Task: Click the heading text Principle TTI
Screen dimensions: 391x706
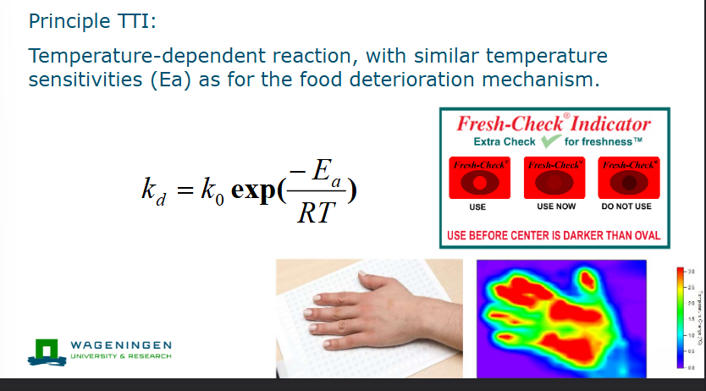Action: coord(91,20)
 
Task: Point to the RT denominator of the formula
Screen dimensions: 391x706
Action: coord(317,213)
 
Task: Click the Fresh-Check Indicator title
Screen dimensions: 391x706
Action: coord(554,124)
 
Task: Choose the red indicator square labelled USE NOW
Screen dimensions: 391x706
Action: coord(555,178)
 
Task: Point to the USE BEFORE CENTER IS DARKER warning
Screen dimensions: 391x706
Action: coord(554,234)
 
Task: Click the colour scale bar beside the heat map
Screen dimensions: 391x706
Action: coord(680,317)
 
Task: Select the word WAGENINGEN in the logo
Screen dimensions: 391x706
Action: coord(122,345)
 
